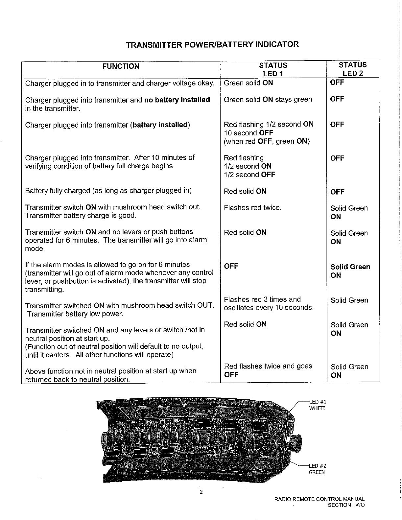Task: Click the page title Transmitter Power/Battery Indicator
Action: coord(212,44)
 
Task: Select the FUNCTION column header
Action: coord(121,66)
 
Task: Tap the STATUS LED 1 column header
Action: coord(273,69)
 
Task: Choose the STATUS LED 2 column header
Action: coord(352,69)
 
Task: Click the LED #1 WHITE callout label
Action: coord(317,405)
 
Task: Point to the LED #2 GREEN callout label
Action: coord(317,469)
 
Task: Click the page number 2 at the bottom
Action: coord(201,492)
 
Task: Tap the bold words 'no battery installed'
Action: coord(177,100)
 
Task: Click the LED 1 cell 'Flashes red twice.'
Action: coord(252,208)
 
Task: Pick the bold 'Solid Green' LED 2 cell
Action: coord(350,267)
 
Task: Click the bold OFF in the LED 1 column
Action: coord(231,266)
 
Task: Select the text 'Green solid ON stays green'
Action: coord(268,100)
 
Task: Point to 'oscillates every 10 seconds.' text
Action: coord(269,308)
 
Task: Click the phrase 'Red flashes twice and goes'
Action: coord(268,366)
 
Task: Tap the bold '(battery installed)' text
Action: coord(160,125)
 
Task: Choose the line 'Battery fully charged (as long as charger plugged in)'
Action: coord(108,191)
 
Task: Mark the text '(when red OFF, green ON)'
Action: coord(267,142)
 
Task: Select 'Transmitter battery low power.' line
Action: coord(75,314)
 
